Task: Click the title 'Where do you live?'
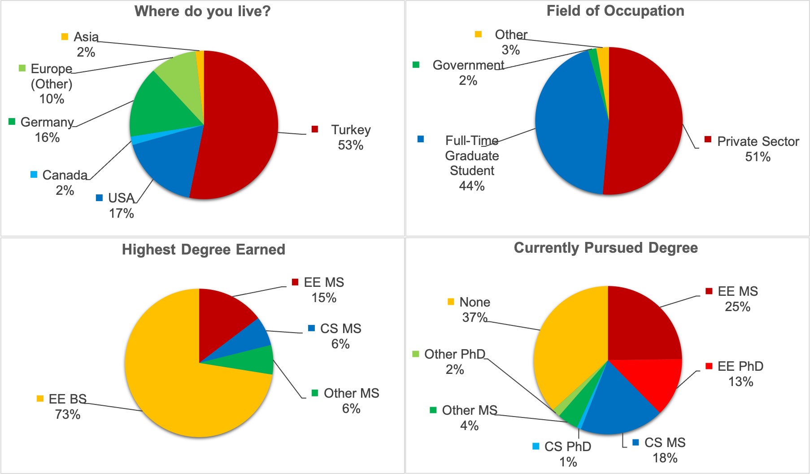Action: tap(202, 11)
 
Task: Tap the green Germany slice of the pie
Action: tap(161, 108)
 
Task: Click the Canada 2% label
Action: tap(65, 182)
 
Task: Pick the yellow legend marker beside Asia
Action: tap(65, 37)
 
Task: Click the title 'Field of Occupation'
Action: tap(615, 11)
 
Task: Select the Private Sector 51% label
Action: tap(758, 149)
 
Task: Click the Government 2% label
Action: tap(468, 72)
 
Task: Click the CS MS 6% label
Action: tap(340, 336)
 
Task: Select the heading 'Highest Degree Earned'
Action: tap(203, 250)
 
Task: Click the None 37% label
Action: tap(475, 309)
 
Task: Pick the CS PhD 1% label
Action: tap(567, 454)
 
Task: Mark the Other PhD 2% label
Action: tap(454, 361)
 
